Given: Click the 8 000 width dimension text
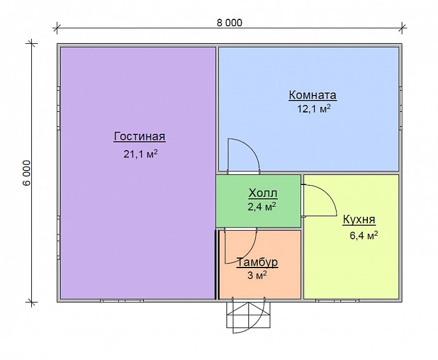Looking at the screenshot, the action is point(230,23).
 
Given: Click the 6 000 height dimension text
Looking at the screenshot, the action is point(27,173).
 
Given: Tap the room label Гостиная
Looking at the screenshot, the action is point(140,136).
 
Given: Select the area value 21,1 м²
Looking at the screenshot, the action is point(141,154).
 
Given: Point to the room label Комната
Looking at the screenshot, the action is point(313,95).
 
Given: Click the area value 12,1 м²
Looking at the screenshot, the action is point(313,109).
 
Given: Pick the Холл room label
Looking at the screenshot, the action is point(263,193).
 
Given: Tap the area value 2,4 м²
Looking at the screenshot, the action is point(262,207).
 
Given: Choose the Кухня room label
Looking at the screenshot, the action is point(359,219).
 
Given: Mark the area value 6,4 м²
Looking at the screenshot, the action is point(364,235).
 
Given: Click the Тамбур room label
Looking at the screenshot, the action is point(257,262).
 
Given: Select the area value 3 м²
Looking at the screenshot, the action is point(257,276).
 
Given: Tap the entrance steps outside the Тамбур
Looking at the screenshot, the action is point(248,315).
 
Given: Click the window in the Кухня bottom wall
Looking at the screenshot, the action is point(337,301).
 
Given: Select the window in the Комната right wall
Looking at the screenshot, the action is point(400,108).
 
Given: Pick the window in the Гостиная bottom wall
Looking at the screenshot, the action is point(122,301).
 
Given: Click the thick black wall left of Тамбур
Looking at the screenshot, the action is point(216,264).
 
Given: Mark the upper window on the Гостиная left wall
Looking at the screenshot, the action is point(59,108).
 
